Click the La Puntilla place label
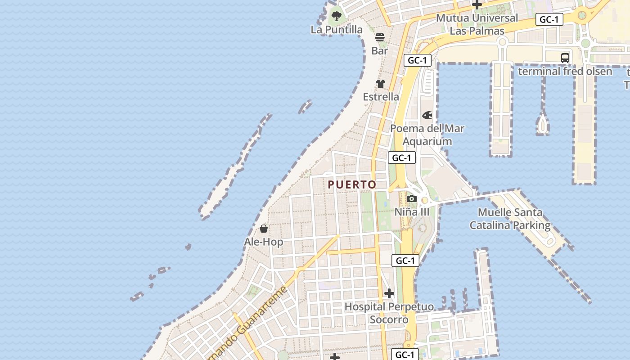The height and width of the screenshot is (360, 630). [337, 30]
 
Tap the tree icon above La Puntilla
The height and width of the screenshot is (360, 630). [336, 17]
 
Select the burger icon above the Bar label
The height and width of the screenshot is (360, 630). [380, 37]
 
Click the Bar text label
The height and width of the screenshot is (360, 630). [380, 51]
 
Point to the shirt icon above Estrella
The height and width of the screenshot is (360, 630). [381, 84]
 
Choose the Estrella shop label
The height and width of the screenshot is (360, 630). [381, 97]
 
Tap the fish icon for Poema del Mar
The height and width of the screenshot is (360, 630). [427, 115]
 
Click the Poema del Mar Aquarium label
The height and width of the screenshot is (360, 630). [427, 135]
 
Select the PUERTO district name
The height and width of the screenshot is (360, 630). [352, 184]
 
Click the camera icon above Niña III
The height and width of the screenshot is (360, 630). [411, 198]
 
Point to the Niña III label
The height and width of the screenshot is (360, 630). [412, 212]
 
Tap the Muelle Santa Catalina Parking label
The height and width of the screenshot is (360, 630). [510, 219]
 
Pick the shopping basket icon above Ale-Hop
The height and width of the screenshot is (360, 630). [264, 229]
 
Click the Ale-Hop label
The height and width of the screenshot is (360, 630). [264, 242]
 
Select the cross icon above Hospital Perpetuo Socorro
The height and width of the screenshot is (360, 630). [389, 293]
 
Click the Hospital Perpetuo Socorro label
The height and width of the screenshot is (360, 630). [389, 313]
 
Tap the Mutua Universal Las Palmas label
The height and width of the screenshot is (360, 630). [477, 24]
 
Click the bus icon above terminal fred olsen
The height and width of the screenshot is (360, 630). [565, 58]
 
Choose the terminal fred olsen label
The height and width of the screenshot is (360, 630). [565, 71]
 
